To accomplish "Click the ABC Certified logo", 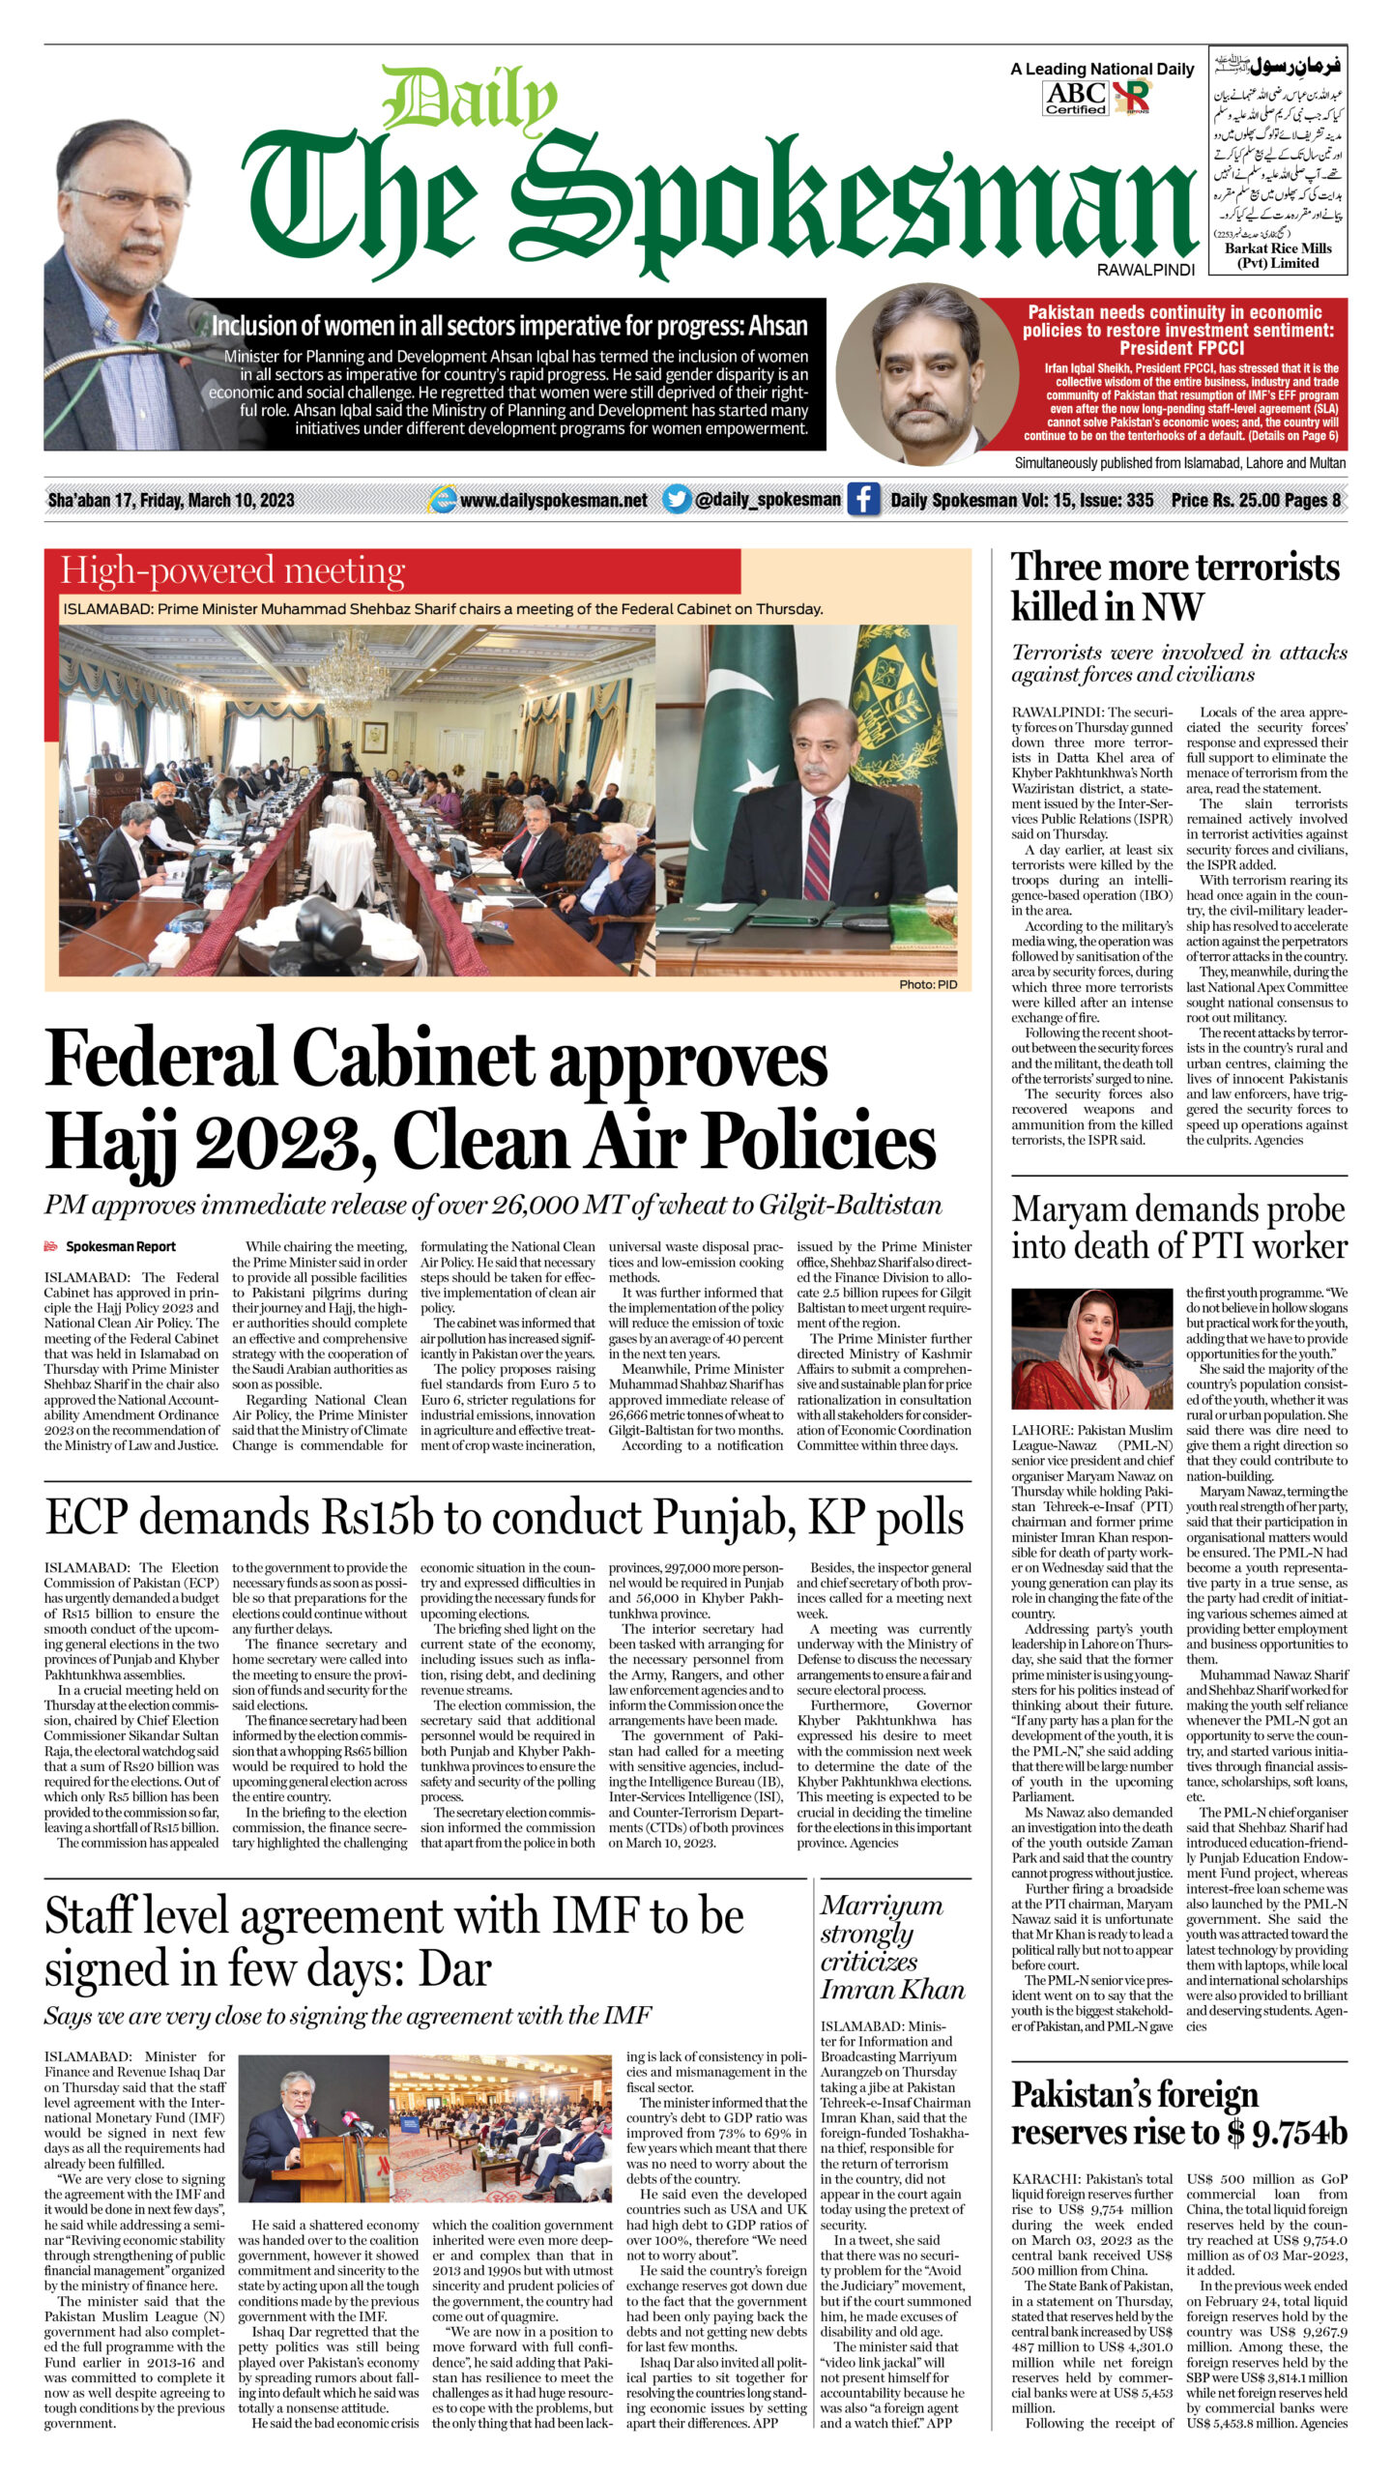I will (1076, 98).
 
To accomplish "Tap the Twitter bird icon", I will (677, 499).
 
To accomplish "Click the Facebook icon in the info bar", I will (863, 499).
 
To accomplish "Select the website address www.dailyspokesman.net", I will (553, 500).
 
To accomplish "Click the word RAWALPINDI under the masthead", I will (1145, 270).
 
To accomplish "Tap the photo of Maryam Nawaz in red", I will (1091, 1348).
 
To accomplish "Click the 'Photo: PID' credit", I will (927, 984).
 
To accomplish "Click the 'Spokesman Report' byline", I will (120, 1246).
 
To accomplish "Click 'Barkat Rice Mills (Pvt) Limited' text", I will (1277, 255).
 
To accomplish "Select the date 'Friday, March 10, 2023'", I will (217, 500).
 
